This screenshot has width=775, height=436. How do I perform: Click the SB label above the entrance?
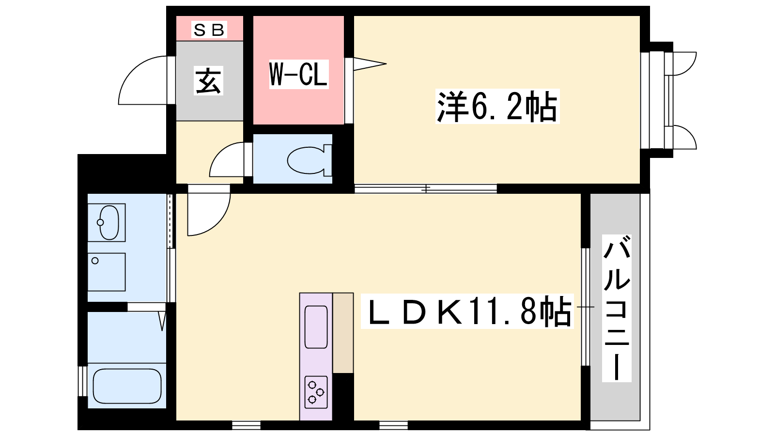[x=209, y=30]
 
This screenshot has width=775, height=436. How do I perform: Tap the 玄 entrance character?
[x=208, y=80]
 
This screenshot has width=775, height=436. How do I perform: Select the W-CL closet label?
[x=298, y=75]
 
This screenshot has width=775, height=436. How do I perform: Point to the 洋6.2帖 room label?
[x=497, y=107]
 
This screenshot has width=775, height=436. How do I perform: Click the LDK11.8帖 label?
[x=467, y=311]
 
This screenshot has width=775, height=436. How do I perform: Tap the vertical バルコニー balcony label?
[x=617, y=308]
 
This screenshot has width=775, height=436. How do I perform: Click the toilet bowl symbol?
[x=309, y=160]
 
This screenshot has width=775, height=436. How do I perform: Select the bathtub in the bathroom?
[x=127, y=386]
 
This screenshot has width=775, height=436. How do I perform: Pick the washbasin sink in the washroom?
[x=107, y=222]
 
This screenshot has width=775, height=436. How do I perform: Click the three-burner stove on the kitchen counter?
[x=316, y=392]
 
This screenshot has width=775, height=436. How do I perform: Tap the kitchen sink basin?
[x=316, y=327]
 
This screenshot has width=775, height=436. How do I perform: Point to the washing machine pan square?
[x=106, y=272]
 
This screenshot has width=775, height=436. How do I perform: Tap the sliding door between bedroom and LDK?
[x=426, y=188]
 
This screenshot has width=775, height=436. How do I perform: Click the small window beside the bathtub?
[x=82, y=381]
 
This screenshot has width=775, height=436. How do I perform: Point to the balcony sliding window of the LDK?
[x=586, y=307]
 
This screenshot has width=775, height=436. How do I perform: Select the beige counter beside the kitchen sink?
[x=343, y=333]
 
